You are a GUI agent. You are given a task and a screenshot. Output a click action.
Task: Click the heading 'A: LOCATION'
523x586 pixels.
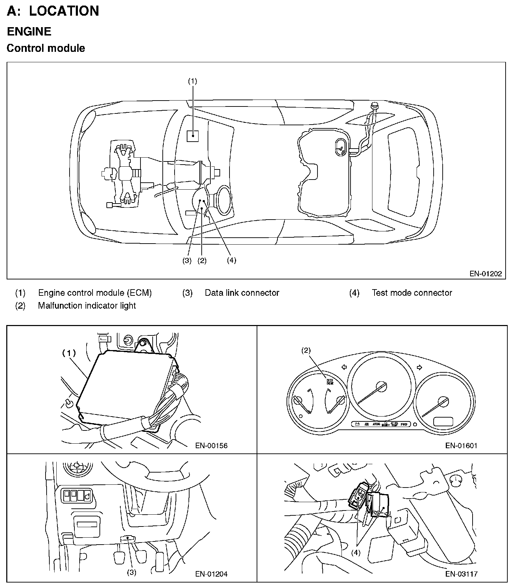[x=53, y=11]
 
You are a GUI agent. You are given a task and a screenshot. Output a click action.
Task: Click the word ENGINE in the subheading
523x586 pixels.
[x=29, y=31]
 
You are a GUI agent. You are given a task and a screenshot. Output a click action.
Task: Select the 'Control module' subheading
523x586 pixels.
[x=46, y=48]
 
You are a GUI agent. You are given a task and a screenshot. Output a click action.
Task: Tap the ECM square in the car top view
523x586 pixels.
[x=193, y=136]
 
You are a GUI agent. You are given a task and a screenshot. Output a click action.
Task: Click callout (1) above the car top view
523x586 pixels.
[x=192, y=81]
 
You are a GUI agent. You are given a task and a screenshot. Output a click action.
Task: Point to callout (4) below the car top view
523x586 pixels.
[x=231, y=260]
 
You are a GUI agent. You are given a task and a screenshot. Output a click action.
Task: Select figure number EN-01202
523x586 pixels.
[x=486, y=274]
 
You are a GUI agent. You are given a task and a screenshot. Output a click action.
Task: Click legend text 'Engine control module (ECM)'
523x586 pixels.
[x=95, y=293]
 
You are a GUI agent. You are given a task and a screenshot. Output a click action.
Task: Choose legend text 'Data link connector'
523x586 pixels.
[x=242, y=293]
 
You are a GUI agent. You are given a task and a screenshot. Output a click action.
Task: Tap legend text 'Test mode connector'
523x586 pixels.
[x=412, y=293]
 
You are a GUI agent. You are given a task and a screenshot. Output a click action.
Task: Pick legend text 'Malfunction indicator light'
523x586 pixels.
[x=87, y=306]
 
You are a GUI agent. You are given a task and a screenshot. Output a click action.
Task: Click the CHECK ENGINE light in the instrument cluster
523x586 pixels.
[x=329, y=382]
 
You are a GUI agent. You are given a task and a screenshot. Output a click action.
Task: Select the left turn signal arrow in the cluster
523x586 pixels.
[x=344, y=367]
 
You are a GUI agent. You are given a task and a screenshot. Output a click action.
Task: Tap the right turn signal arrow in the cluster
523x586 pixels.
[x=419, y=367]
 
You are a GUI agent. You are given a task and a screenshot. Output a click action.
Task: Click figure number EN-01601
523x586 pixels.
[x=461, y=445]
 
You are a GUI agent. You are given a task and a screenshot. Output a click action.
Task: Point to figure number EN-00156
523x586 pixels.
[x=211, y=445]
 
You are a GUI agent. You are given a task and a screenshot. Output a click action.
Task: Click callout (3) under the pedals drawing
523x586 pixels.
[x=131, y=572]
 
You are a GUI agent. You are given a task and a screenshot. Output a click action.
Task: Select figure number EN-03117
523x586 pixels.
[x=461, y=574]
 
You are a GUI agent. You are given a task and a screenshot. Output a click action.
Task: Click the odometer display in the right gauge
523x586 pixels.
[x=443, y=421]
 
